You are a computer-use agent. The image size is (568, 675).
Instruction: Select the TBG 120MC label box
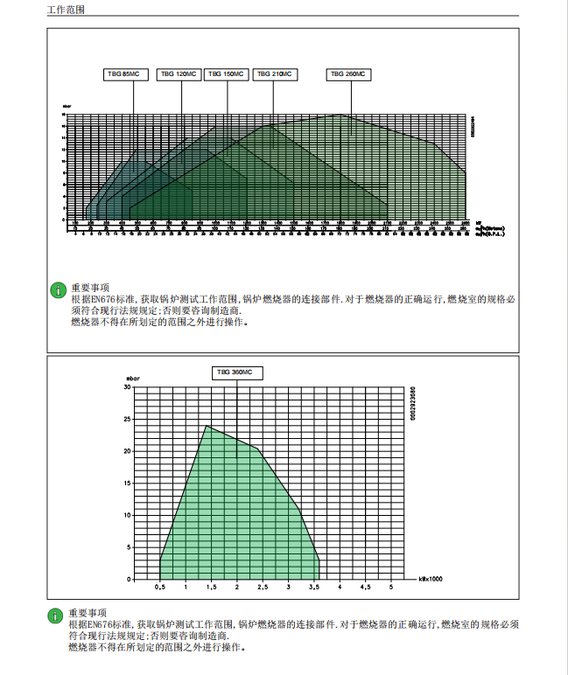point(179,74)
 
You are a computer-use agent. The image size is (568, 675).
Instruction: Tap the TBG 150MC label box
point(227,74)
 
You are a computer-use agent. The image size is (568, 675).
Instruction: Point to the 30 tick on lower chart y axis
point(128,386)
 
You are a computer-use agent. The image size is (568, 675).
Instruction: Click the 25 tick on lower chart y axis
point(128,419)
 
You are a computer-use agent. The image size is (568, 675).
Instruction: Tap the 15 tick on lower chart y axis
point(128,484)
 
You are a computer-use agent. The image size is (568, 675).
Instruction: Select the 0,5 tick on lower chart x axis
point(160,587)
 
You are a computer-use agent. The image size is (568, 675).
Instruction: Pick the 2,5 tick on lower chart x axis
point(263,587)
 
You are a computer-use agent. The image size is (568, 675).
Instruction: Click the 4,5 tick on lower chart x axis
point(365,587)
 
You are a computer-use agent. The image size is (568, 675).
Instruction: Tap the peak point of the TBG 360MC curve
point(207,426)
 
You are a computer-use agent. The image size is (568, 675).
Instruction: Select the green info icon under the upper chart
point(58,289)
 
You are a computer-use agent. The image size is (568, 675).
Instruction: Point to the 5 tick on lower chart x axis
point(391,587)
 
